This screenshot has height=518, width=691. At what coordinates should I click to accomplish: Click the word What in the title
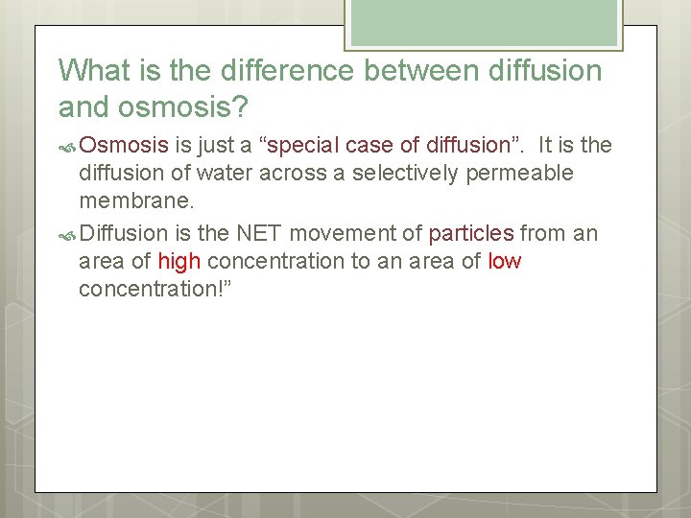[x=90, y=71]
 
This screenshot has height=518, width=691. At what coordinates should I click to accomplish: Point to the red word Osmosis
[x=125, y=146]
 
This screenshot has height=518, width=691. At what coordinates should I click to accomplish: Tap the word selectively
[x=404, y=174]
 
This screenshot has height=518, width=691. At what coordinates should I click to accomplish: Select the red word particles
[x=471, y=232]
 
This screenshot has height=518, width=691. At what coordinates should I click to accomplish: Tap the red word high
[x=179, y=261]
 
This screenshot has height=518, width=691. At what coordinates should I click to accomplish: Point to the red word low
[x=504, y=261]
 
